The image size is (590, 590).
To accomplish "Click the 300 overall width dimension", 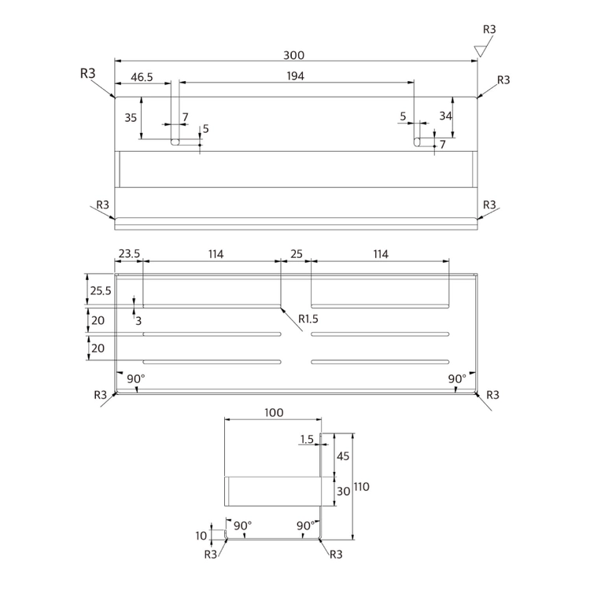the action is tap(293, 55).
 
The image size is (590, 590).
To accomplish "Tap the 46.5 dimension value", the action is tap(142, 77).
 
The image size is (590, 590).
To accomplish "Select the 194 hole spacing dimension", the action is tap(295, 76).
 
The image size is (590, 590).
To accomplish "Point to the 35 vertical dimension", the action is tap(131, 118).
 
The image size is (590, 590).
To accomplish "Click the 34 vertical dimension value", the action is tap(445, 116).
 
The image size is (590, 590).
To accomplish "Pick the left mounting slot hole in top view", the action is tap(175, 142).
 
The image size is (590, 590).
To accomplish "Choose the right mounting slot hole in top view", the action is tap(417, 142).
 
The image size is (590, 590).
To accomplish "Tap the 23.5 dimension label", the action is tap(129, 253).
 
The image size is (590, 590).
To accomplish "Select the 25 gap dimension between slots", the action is tap(296, 254).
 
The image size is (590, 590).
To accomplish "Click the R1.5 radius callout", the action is tap(308, 319).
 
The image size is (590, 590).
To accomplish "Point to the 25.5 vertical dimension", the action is tap(101, 291).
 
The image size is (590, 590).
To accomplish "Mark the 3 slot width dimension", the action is tap(138, 321).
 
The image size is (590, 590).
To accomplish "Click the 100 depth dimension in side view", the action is tap(274, 413).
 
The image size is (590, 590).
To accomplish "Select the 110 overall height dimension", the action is tap(361, 487).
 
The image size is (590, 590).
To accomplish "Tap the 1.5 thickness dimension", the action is tap(307, 439).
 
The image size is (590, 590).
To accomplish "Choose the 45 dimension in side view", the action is tap(343, 456).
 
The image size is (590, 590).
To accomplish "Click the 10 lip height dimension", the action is tap(201, 536).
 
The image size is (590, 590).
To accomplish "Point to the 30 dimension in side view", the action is tap(343, 492).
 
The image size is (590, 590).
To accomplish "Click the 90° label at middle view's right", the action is tap(457, 379).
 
